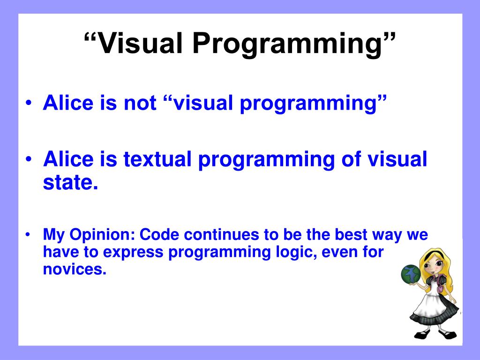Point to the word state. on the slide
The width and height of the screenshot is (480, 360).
pos(70,182)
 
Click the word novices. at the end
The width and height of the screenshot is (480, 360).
pos(75,269)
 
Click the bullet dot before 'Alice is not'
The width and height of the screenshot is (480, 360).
pos(29,103)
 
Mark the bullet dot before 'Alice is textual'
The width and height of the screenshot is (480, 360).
pos(29,159)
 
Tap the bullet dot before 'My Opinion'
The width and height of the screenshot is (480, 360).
pos(28,235)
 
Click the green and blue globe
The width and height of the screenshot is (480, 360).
pos(411,274)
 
